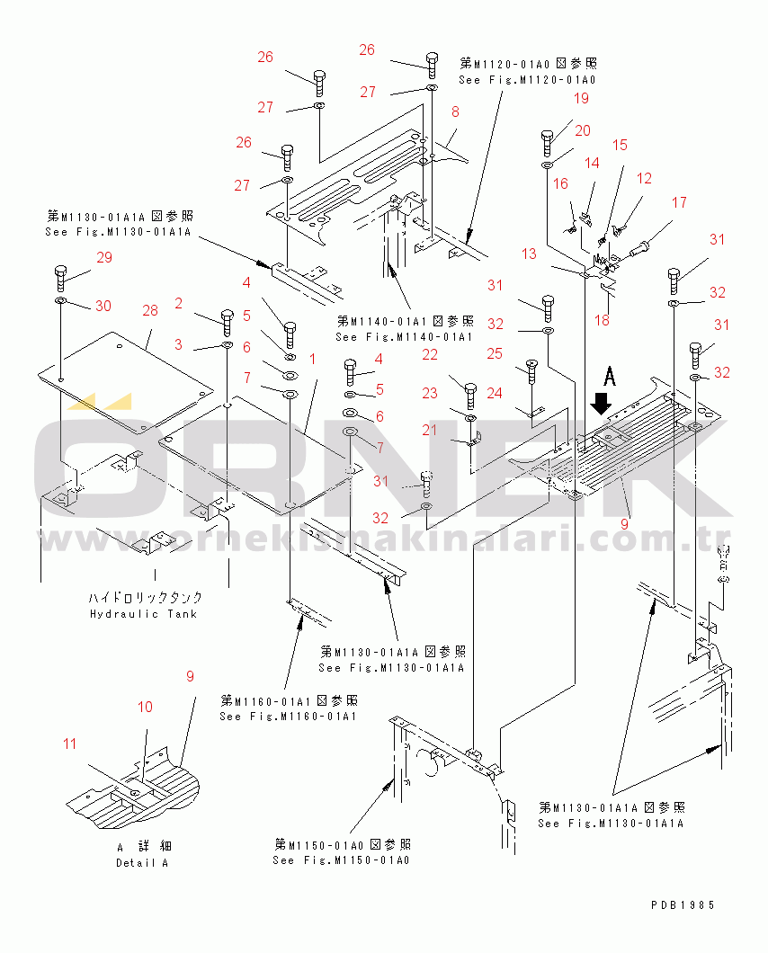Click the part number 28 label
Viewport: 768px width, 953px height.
click(x=149, y=311)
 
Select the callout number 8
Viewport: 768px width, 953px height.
click(x=455, y=112)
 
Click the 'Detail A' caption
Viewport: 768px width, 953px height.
click(x=142, y=863)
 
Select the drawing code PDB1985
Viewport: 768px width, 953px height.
click(x=683, y=905)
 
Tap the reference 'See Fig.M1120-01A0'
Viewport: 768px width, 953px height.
click(x=527, y=80)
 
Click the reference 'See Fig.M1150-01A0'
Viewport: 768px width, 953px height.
click(x=341, y=860)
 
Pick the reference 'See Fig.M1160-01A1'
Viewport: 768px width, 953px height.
click(x=288, y=717)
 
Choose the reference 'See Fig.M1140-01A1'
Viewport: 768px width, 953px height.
click(x=404, y=336)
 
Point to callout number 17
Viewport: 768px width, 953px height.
click(x=678, y=202)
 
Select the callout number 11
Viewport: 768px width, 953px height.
click(x=70, y=744)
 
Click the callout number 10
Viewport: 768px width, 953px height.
click(x=145, y=707)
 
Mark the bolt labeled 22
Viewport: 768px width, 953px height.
click(x=469, y=394)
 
